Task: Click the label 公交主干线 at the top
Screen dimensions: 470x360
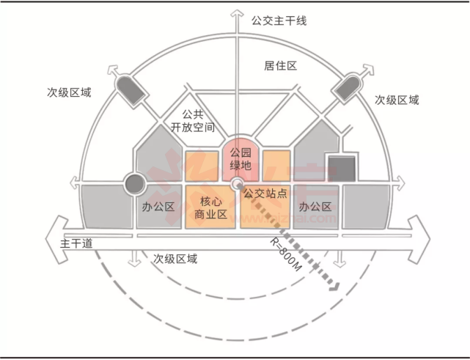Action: (279, 21)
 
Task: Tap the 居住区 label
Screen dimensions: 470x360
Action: (281, 66)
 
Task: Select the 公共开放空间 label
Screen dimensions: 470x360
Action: (193, 121)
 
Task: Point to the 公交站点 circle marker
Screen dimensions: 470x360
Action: (238, 183)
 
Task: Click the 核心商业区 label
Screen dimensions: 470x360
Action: (210, 207)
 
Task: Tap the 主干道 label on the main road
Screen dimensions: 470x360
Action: (76, 243)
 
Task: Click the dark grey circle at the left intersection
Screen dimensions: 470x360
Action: (135, 183)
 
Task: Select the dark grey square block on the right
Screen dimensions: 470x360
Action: (342, 169)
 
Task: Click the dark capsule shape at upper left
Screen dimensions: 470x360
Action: (130, 90)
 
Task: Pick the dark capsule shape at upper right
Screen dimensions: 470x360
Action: (348, 87)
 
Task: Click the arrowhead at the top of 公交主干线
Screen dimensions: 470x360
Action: (237, 14)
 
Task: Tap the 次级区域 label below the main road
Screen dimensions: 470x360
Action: (175, 259)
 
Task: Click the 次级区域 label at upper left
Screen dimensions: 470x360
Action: (69, 92)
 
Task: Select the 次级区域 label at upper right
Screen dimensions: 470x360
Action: (397, 100)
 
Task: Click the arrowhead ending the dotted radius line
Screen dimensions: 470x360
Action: (334, 287)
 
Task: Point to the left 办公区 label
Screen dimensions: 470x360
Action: (158, 207)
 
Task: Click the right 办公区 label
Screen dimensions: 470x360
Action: (315, 206)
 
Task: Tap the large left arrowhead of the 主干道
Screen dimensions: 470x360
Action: (57, 240)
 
